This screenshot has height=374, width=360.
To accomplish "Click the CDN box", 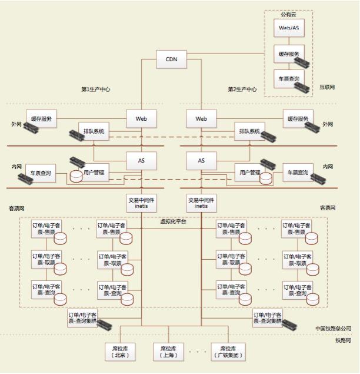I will tap(171, 59).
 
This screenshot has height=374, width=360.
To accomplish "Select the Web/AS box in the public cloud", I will tap(288, 28).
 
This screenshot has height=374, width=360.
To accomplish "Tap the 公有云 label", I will tap(288, 14).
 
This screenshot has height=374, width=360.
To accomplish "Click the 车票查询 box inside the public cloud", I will tap(288, 79).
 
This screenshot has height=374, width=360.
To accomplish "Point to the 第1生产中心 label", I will tap(96, 90).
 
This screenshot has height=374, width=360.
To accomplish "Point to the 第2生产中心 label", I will tap(242, 90).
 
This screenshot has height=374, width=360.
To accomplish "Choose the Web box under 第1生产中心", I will tap(141, 118).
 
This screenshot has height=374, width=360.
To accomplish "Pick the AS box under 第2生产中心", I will tap(201, 160).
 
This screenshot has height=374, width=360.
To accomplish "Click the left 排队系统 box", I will tap(94, 131).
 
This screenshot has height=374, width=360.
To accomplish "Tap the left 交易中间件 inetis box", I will tap(141, 203).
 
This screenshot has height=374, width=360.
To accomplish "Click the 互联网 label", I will tap(327, 87).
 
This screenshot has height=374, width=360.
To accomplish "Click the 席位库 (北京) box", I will tap(120, 352).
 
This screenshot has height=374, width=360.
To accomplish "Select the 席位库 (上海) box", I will tap(168, 352).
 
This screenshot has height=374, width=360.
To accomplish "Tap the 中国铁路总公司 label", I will tap(333, 328).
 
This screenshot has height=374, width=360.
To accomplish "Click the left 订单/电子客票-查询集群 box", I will tap(83, 318).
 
